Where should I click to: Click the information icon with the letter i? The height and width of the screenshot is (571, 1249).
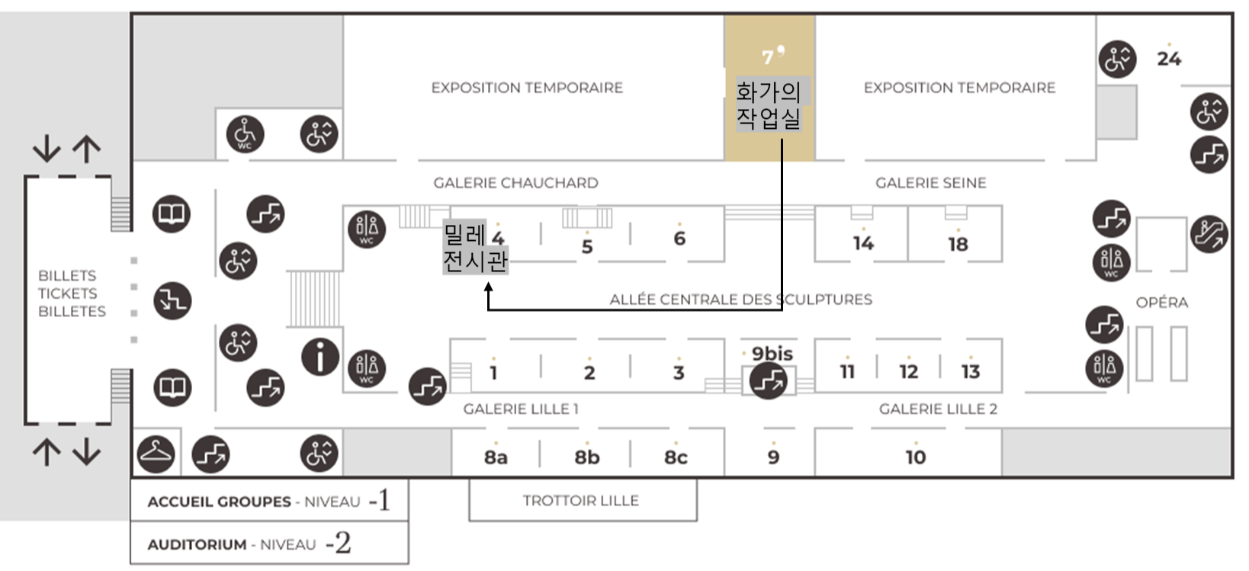coord(320,357)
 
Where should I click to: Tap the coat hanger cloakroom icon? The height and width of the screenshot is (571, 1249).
coord(156,454)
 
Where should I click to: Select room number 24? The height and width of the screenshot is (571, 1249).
coord(1168,59)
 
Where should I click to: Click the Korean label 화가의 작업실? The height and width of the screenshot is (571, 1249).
coord(769,105)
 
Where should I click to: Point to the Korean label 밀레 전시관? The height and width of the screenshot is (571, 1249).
coord(474,248)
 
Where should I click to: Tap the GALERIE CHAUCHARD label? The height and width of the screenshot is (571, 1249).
coord(515,183)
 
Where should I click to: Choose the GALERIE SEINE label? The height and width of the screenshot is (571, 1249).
coord(930,183)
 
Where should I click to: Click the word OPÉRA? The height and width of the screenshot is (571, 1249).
coord(1161,303)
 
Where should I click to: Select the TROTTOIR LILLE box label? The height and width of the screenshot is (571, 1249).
coord(580,501)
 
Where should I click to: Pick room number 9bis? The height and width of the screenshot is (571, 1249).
coord(772,354)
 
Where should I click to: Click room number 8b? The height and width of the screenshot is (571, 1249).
coord(586,457)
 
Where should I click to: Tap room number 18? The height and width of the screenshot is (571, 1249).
coord(958,244)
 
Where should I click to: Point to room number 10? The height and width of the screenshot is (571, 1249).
coord(915,457)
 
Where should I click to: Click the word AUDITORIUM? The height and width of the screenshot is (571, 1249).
coord(197,545)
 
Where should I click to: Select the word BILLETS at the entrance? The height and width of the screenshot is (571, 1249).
coord(67,276)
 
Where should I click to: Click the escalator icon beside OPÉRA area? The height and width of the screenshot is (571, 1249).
coord(1209,234)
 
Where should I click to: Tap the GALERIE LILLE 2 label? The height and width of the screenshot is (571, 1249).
coord(938,409)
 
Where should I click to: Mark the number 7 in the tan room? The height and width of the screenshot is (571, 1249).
coord(768,58)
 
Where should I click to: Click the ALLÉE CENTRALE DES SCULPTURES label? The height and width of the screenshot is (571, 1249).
coord(740,300)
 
